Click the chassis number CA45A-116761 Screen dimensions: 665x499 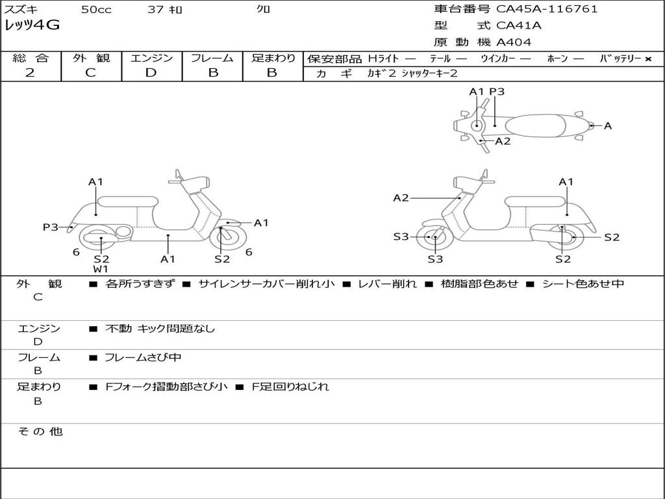pos(547,9)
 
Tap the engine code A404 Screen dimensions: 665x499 pos(514,42)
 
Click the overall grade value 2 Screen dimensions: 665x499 pos(30,73)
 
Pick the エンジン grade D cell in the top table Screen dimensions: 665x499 pos(151,73)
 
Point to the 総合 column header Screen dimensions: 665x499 pos(31,58)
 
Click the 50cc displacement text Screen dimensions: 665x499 pos(95,10)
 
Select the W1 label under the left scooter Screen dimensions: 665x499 pos(101,269)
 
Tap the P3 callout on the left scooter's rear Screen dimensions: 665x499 pos(51,227)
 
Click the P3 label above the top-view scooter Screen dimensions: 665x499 pos(497,92)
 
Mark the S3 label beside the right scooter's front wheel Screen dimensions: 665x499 pos(401,237)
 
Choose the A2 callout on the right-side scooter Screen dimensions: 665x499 pos(401,198)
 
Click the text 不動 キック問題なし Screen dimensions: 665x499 pos(160,329)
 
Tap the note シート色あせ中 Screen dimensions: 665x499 pos(583,284)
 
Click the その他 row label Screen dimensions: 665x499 pos(40,431)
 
